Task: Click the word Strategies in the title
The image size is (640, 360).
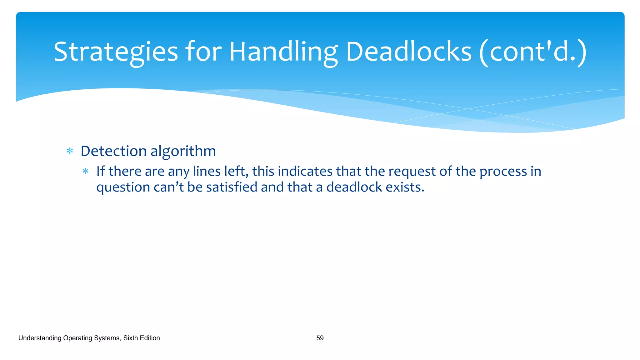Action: pyautogui.click(x=116, y=52)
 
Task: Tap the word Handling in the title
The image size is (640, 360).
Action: pyautogui.click(x=283, y=52)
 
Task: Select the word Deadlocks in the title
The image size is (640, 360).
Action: pyautogui.click(x=408, y=52)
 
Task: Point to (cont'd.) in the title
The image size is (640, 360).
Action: pyautogui.click(x=533, y=52)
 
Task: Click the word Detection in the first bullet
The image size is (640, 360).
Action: pyautogui.click(x=113, y=151)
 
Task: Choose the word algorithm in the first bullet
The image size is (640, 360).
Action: pyautogui.click(x=183, y=151)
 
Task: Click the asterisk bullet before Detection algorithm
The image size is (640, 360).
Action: pyautogui.click(x=70, y=152)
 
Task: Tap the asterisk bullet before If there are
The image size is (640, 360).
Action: pyautogui.click(x=85, y=171)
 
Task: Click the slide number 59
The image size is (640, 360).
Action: pyautogui.click(x=320, y=338)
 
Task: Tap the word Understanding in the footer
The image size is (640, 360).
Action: pyautogui.click(x=40, y=338)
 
